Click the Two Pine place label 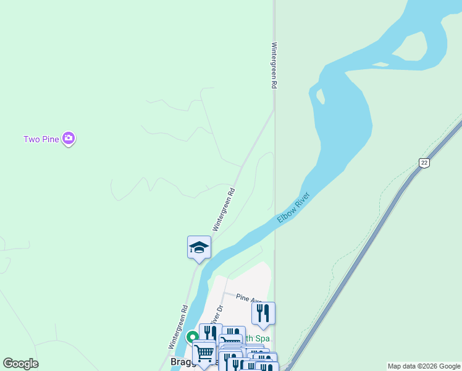(x=41, y=139)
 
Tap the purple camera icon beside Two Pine (x=69, y=139)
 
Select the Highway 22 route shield (x=423, y=163)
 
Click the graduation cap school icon (x=199, y=247)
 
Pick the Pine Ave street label (x=248, y=299)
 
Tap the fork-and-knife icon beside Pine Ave (x=263, y=313)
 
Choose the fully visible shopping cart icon (x=204, y=352)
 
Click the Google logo (x=20, y=364)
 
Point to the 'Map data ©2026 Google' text (x=424, y=367)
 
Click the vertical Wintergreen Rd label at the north (x=273, y=66)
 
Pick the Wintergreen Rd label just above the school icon (x=224, y=210)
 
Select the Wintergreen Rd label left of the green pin (x=177, y=326)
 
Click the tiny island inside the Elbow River (x=320, y=96)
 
